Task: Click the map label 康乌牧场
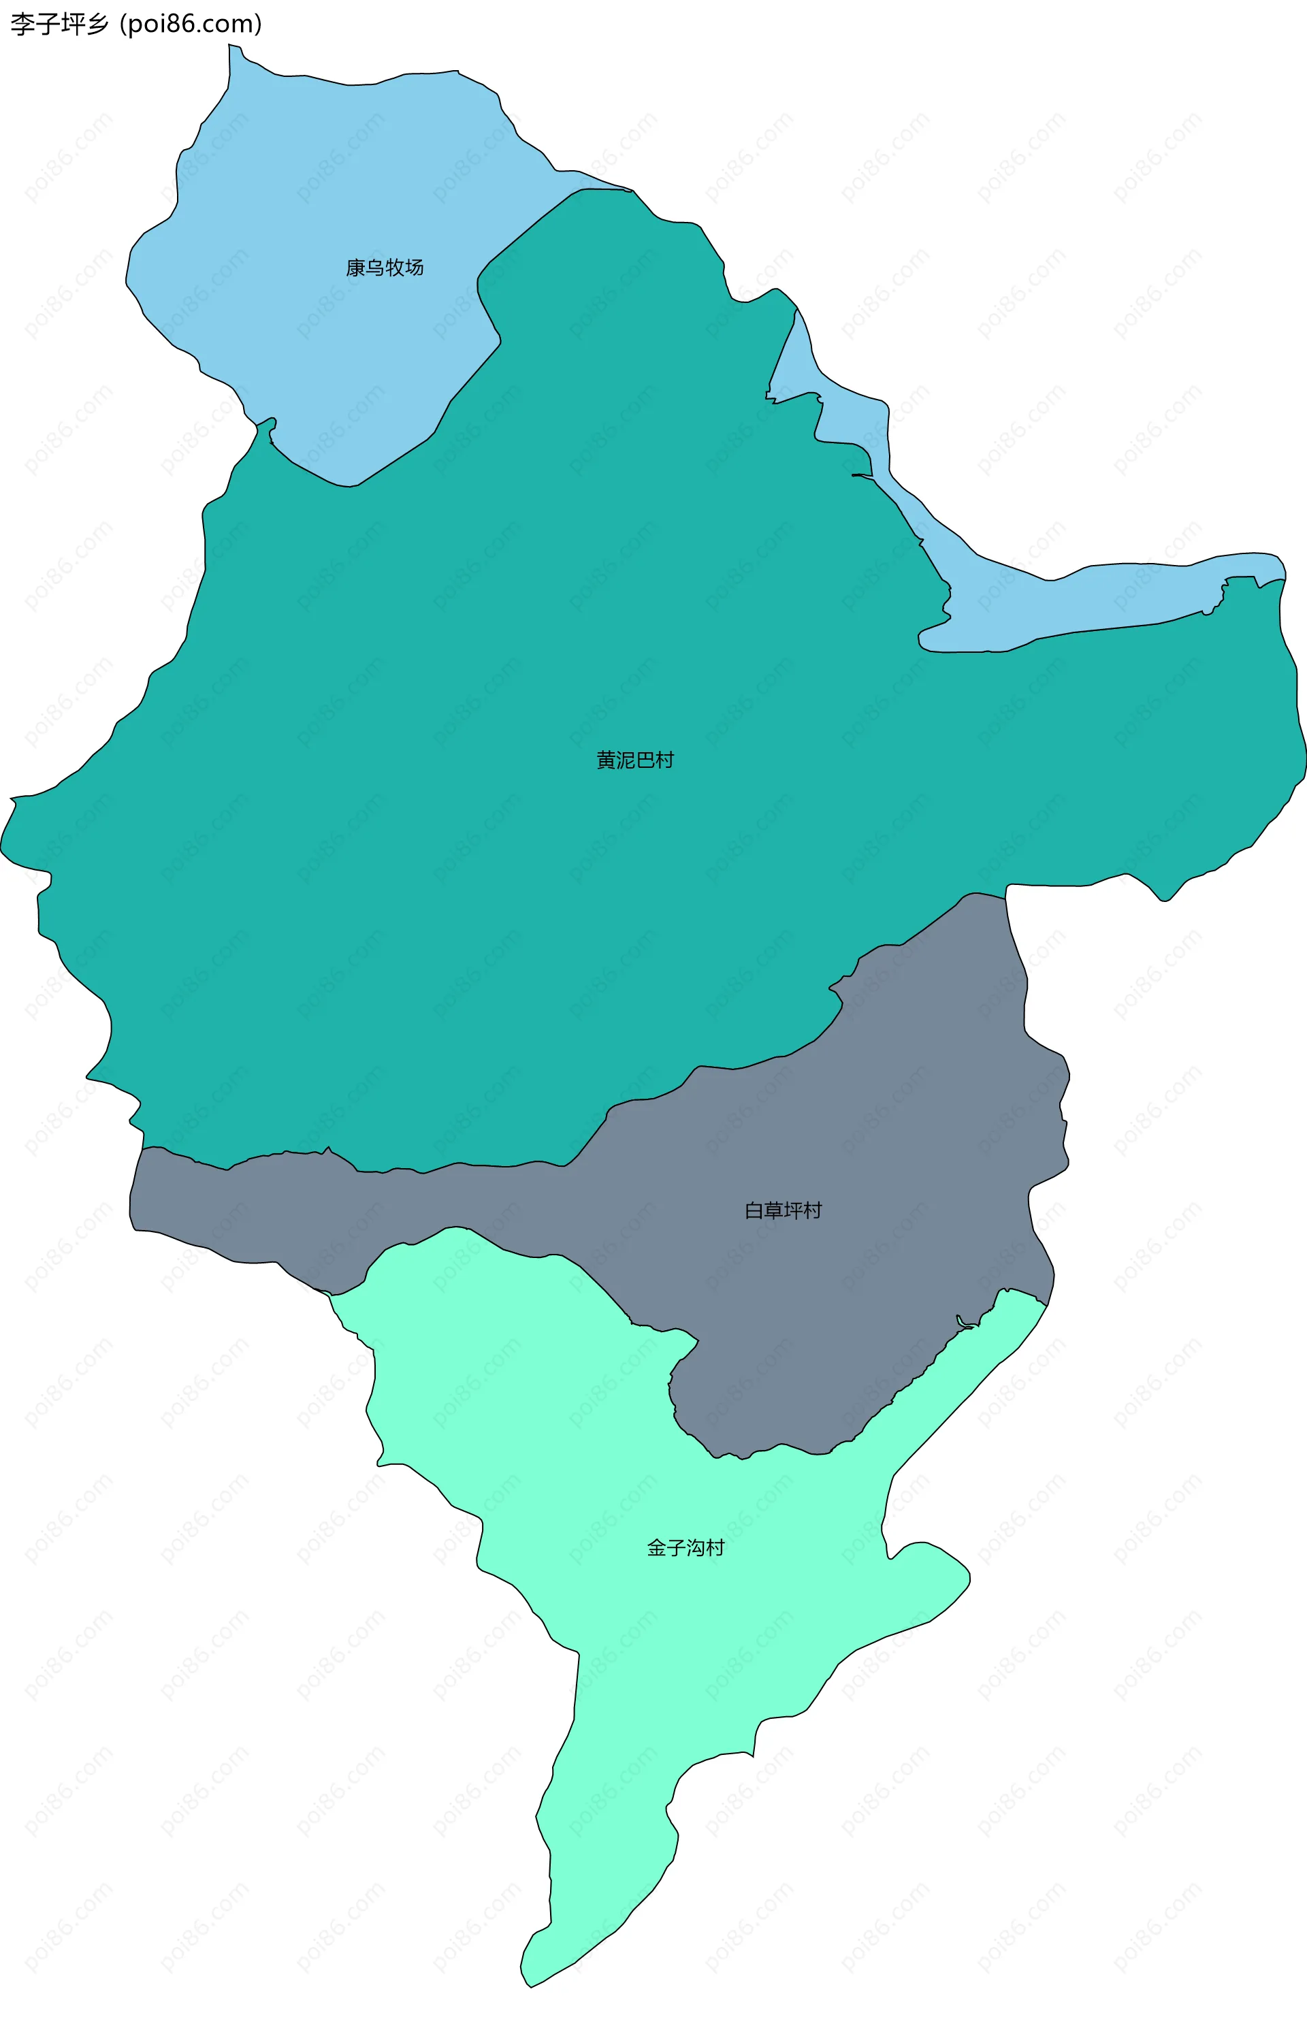coord(385,268)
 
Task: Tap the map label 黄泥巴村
coord(635,760)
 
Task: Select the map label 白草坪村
coord(783,1210)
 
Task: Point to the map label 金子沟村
coord(685,1548)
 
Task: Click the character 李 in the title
coord(23,25)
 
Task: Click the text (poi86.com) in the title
coord(191,25)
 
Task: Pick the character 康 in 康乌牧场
coord(355,268)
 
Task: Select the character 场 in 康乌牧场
coord(414,268)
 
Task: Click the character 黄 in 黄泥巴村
coord(606,760)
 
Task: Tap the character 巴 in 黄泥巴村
coord(645,760)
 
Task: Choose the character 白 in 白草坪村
coord(754,1210)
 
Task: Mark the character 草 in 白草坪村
coord(773,1210)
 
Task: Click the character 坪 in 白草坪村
coord(792,1210)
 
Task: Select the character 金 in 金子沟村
coord(657,1548)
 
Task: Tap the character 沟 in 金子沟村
coord(696,1548)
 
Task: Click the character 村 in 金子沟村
coord(715,1548)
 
